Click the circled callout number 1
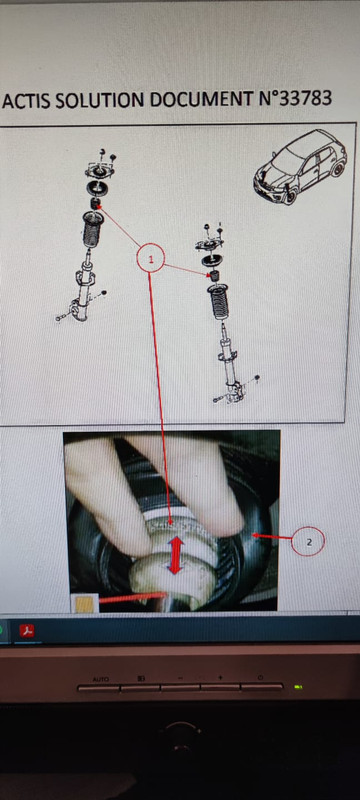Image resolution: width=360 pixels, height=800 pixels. [150, 259]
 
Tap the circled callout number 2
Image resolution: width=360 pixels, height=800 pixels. [308, 541]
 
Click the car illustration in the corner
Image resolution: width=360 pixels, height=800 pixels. [300, 166]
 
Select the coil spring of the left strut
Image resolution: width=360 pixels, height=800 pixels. [92, 229]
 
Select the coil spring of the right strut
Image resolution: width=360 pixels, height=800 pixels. [219, 302]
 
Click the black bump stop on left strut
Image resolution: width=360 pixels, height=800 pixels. [94, 205]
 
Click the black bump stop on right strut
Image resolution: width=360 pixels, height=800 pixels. [216, 276]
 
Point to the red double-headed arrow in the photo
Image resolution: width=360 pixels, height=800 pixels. [175, 556]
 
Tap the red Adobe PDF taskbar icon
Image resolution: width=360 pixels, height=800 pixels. [27, 631]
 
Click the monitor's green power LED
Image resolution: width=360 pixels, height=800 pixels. [299, 686]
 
